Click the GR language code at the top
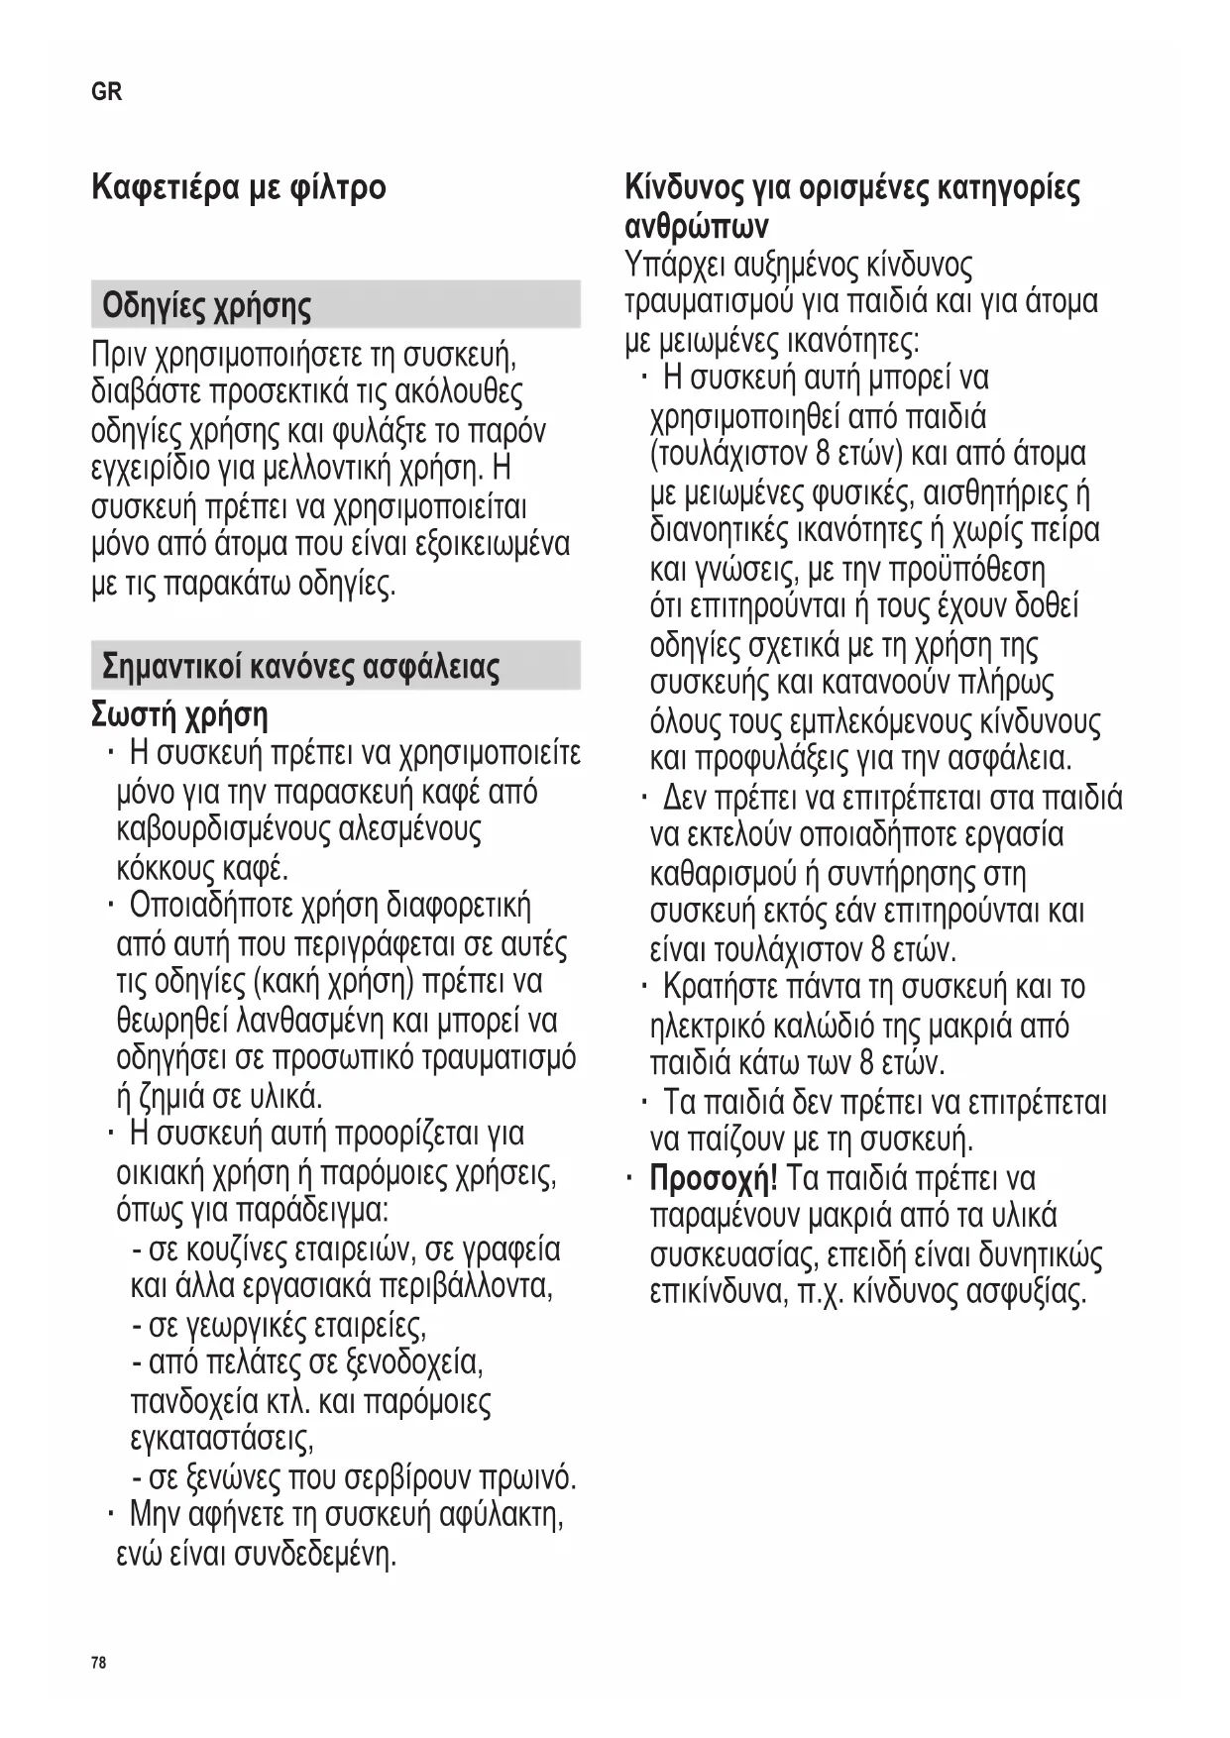[x=106, y=92]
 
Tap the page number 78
[x=98, y=1663]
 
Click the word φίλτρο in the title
[x=338, y=187]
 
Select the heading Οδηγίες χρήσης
[x=206, y=305]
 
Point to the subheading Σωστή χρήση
[x=179, y=714]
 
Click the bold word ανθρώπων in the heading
[x=696, y=227]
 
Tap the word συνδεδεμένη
[x=314, y=1555]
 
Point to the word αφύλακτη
[x=503, y=1516]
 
